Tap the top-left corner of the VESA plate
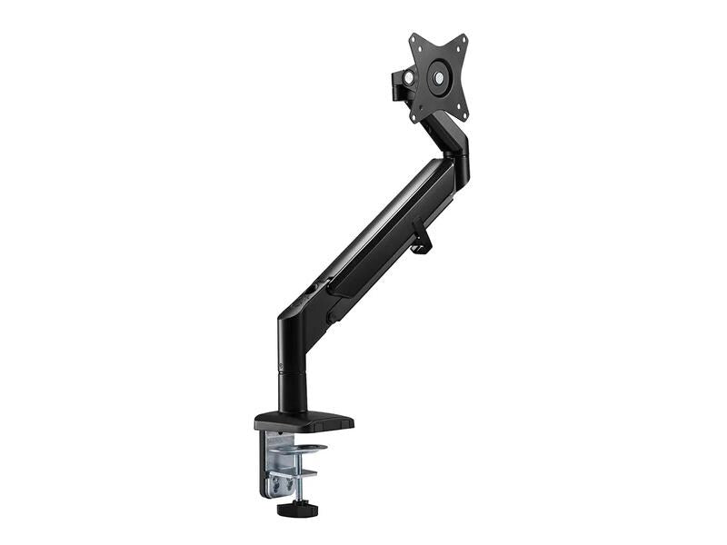(x=413, y=38)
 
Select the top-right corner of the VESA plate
(x=463, y=40)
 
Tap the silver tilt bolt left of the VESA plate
(x=408, y=79)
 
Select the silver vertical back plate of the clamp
(x=272, y=463)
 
